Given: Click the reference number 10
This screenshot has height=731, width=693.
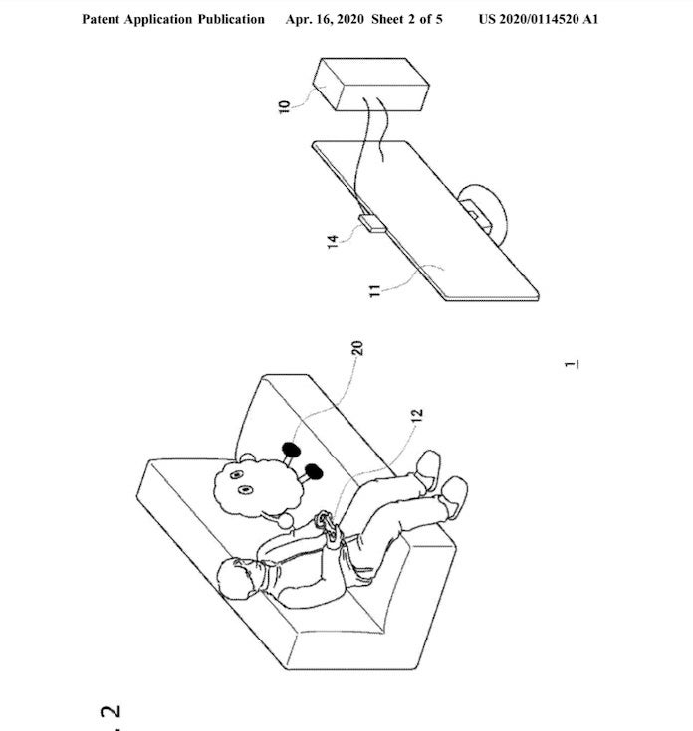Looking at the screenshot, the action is tap(284, 106).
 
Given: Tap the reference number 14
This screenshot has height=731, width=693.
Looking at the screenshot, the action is tap(333, 242).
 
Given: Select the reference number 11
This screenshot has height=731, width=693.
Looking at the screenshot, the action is tap(374, 291).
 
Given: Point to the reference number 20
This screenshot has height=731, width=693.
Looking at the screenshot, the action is tap(357, 348).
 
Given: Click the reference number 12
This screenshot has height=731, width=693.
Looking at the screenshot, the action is tap(417, 415).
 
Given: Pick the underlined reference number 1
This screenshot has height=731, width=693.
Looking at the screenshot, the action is tap(572, 365).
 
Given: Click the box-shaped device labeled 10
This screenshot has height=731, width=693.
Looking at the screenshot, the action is tap(370, 85).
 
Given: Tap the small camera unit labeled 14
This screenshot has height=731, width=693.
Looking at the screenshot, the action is tap(372, 223).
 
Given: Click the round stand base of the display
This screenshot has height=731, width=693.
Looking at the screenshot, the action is tap(484, 213).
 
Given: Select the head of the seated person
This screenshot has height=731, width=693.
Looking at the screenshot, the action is tap(239, 578).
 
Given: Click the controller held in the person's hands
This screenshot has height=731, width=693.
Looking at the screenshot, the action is tap(329, 527).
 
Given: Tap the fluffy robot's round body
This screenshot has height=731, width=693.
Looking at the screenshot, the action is tap(257, 488).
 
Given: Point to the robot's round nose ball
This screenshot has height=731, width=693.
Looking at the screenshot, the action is tap(286, 520).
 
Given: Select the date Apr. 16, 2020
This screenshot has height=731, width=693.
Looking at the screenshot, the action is tap(325, 19).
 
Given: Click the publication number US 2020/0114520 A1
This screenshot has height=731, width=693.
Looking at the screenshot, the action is tap(539, 19).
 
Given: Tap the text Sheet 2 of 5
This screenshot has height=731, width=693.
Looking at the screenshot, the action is tap(407, 19).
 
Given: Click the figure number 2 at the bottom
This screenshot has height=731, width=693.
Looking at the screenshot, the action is tap(112, 711).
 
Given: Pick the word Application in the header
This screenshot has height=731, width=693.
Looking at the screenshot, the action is tap(158, 19).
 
